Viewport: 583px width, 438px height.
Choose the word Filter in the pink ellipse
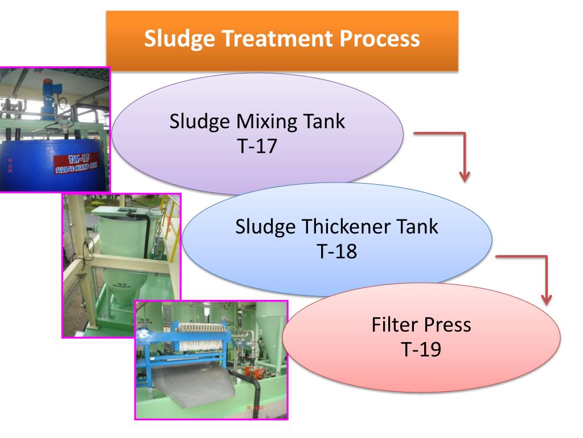[x=395, y=325]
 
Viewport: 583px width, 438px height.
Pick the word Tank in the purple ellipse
[x=325, y=122]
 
